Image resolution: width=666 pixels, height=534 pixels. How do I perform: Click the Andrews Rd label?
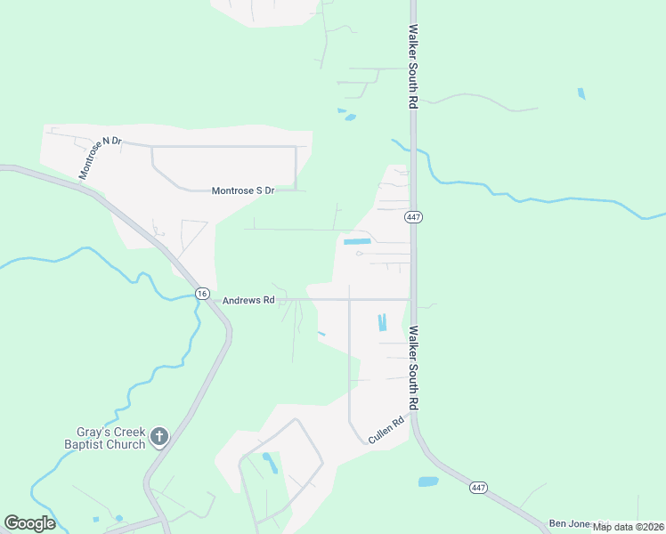point(248,301)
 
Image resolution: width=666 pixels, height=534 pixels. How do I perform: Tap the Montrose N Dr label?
point(99,158)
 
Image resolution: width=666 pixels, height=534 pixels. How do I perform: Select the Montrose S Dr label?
point(243,190)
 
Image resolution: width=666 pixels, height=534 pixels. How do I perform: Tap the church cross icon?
point(159,436)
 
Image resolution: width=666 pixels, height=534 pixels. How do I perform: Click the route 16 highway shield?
point(202,294)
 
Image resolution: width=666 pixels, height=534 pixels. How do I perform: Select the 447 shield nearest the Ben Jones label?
point(478,488)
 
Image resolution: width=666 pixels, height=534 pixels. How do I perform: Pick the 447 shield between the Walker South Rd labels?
point(412,217)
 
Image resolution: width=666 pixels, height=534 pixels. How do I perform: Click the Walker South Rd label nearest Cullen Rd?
point(413,367)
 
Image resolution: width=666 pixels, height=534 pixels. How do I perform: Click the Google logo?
point(29,522)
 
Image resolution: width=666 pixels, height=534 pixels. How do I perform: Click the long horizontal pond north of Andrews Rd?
point(357,241)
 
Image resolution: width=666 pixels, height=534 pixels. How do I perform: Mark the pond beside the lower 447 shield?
point(428,481)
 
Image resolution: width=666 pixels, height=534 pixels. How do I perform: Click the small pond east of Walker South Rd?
point(581,93)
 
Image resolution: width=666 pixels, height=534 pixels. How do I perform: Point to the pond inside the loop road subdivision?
point(268,461)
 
